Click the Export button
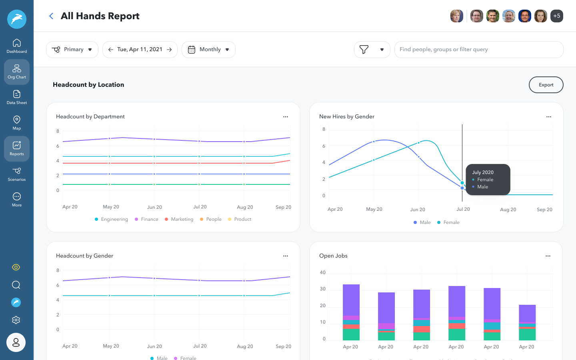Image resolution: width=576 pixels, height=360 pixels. (x=546, y=85)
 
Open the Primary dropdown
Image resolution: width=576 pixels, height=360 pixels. (x=72, y=50)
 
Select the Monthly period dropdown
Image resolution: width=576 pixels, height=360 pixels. (x=208, y=50)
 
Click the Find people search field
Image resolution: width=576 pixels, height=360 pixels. (x=478, y=50)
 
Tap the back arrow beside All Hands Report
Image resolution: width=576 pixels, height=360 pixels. (x=51, y=16)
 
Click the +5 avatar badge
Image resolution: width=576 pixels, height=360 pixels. (x=556, y=16)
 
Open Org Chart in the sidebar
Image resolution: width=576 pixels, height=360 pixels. (x=17, y=72)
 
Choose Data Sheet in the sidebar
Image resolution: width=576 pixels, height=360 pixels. (x=17, y=97)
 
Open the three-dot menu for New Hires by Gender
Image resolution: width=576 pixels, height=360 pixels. (x=548, y=117)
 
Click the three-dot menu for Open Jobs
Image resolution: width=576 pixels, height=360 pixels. (x=548, y=256)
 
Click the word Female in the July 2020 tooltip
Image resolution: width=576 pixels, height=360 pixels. (x=485, y=180)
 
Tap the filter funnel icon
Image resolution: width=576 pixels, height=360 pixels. (x=364, y=50)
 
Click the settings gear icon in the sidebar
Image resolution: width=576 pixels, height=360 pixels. (x=16, y=320)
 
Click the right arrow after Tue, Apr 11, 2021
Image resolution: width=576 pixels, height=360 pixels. (x=169, y=50)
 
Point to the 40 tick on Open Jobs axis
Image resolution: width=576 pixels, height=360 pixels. (x=322, y=272)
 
